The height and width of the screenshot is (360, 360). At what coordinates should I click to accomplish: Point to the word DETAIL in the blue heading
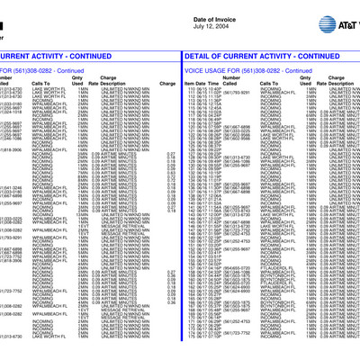(x=200, y=55)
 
